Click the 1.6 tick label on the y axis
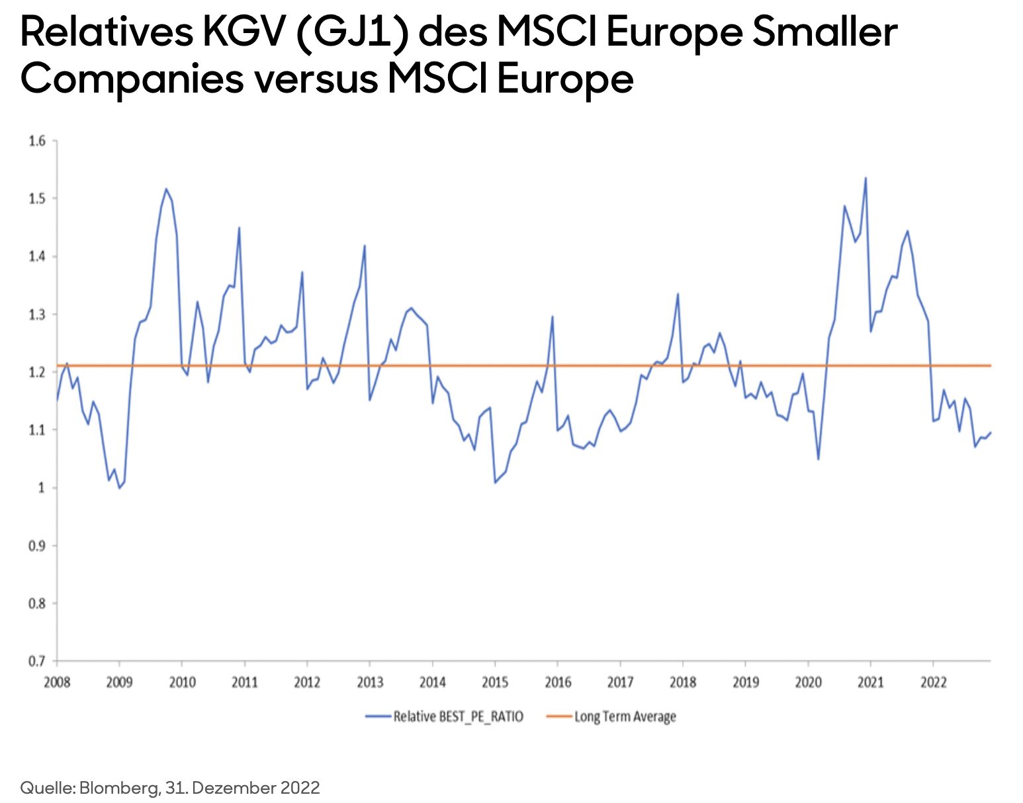tap(37, 141)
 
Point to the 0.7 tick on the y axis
tap(37, 661)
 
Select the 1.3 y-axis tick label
tap(37, 314)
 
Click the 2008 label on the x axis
tap(57, 682)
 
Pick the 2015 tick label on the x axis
tap(495, 682)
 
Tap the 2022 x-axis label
tap(933, 682)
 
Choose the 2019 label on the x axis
tap(745, 682)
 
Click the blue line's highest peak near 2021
tap(866, 178)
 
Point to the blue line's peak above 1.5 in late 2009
tap(166, 189)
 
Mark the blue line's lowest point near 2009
tap(119, 487)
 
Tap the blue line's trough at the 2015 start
tap(495, 482)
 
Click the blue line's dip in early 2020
tap(819, 459)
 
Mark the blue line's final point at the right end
tap(991, 433)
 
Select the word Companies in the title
tap(132, 79)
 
